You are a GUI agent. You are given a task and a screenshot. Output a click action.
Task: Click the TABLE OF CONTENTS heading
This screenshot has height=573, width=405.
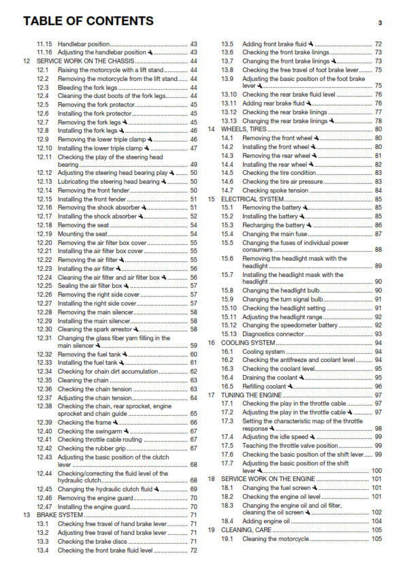[x=88, y=21]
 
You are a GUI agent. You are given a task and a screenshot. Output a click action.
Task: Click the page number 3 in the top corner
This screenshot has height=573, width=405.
[x=380, y=22]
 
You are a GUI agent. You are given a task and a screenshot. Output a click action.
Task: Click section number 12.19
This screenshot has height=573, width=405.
[x=44, y=233]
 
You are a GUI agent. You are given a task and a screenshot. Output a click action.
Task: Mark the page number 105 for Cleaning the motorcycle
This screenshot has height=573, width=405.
[x=376, y=539]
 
